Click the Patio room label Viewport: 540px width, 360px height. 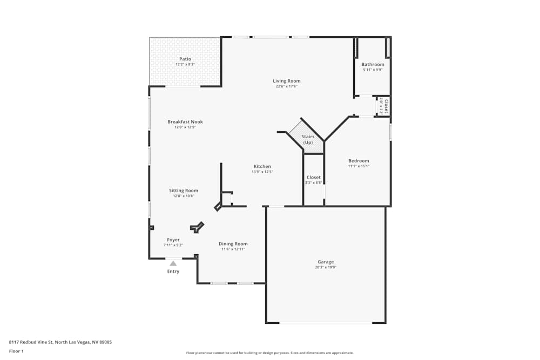click(x=185, y=59)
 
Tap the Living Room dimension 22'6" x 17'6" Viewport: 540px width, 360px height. click(x=286, y=86)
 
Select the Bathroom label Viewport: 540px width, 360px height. click(x=373, y=64)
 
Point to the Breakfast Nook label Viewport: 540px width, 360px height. click(x=185, y=122)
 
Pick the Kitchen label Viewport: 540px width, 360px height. click(x=262, y=166)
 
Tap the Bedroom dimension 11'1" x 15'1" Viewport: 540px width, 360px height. click(x=359, y=166)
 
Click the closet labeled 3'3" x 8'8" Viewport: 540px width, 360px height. click(x=313, y=180)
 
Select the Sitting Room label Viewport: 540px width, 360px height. click(x=184, y=191)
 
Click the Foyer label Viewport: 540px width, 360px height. click(x=173, y=240)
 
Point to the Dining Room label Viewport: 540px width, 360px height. click(x=233, y=243)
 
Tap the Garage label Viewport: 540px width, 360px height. click(x=325, y=262)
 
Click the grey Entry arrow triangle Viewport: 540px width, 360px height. click(x=173, y=263)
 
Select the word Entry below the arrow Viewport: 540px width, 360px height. click(x=173, y=271)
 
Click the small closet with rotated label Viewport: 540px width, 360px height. click(x=383, y=106)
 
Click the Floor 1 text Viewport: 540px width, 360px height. click(x=16, y=351)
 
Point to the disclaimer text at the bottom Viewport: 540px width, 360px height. click(x=269, y=352)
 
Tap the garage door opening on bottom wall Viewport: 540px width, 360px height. click(x=326, y=323)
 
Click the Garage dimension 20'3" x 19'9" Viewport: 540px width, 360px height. click(x=325, y=268)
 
